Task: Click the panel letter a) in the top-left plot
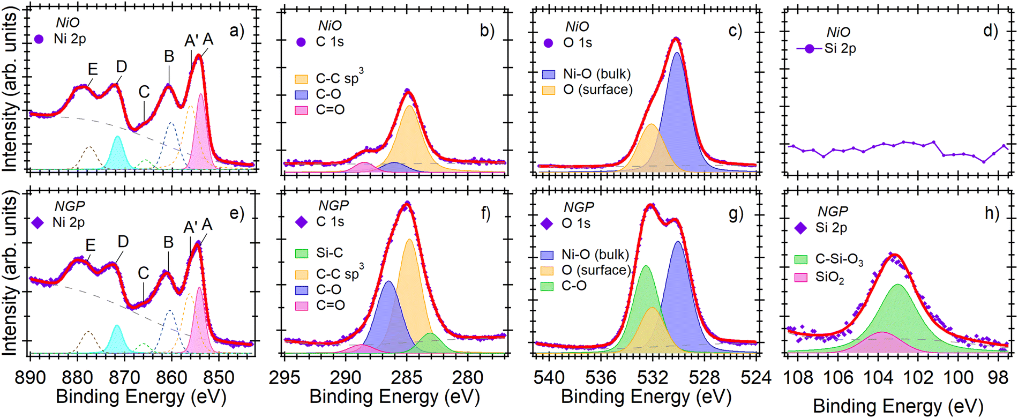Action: click(236, 31)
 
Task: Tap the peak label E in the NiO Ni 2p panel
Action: click(93, 69)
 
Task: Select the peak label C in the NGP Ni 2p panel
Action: click(143, 273)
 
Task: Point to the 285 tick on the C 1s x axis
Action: click(407, 378)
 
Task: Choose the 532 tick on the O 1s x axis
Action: click(652, 378)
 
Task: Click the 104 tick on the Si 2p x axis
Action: click(878, 378)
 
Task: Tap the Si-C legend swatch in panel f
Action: click(302, 253)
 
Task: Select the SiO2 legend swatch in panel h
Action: click(801, 278)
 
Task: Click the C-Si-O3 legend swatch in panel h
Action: click(801, 259)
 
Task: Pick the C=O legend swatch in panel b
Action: click(302, 110)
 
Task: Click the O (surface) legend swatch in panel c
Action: click(549, 89)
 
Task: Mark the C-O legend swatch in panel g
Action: click(547, 286)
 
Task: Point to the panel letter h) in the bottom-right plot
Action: click(991, 213)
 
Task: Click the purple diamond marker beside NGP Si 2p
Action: click(801, 228)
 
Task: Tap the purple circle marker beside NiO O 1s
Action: click(548, 43)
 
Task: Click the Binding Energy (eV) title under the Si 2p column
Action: click(898, 406)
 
